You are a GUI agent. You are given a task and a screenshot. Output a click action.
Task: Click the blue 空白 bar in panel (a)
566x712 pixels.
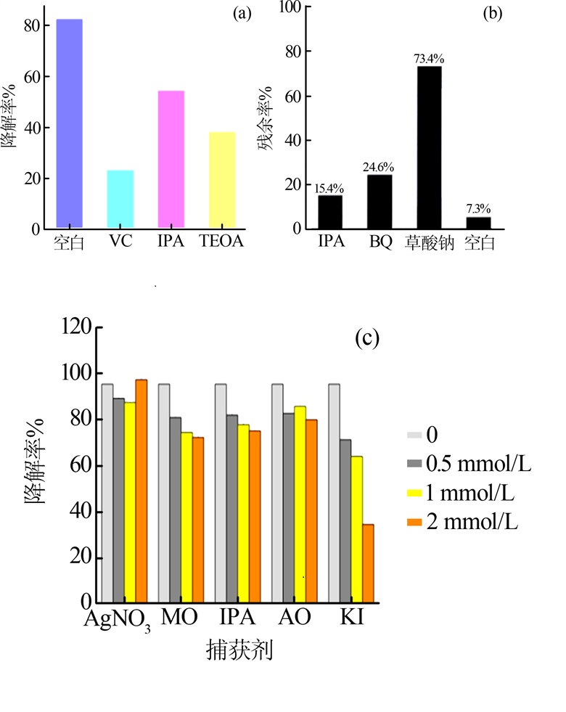(70, 123)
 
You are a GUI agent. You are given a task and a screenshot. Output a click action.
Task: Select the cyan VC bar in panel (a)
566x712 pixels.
(120, 200)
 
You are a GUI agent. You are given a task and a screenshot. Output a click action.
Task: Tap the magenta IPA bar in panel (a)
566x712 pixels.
(171, 160)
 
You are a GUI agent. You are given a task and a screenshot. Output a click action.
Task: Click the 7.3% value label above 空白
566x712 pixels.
(478, 210)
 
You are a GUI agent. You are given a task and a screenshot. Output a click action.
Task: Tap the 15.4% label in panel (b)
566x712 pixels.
(330, 188)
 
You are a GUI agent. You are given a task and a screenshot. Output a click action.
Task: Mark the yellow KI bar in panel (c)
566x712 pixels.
(356, 530)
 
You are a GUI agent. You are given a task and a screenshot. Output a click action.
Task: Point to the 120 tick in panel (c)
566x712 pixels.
(76, 327)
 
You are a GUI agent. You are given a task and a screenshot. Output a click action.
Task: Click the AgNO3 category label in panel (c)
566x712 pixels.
(117, 620)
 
